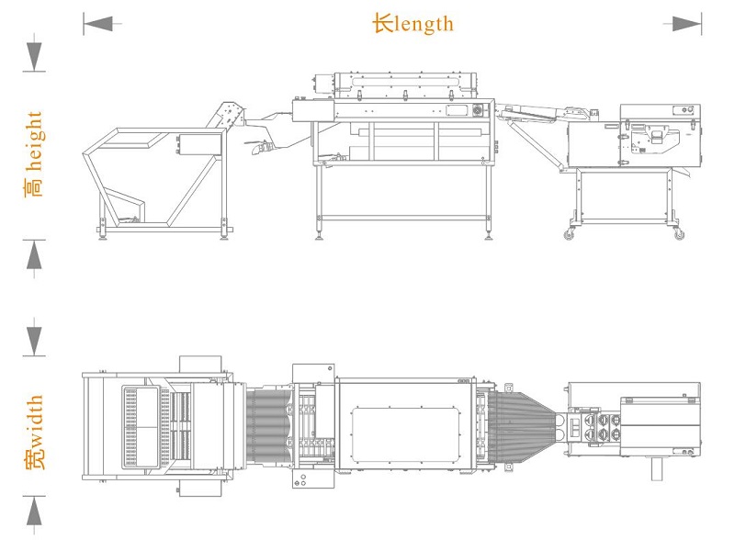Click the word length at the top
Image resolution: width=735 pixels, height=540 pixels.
(x=424, y=25)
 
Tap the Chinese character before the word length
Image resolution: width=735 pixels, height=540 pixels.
(x=383, y=23)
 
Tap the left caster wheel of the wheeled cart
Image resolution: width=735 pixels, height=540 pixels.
(x=569, y=234)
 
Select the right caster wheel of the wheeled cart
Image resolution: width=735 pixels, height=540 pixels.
(x=679, y=234)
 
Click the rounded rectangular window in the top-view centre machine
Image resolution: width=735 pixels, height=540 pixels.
(x=406, y=433)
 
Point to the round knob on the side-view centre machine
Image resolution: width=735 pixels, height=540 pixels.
(x=478, y=110)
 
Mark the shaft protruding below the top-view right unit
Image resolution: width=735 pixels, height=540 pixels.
(x=657, y=468)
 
